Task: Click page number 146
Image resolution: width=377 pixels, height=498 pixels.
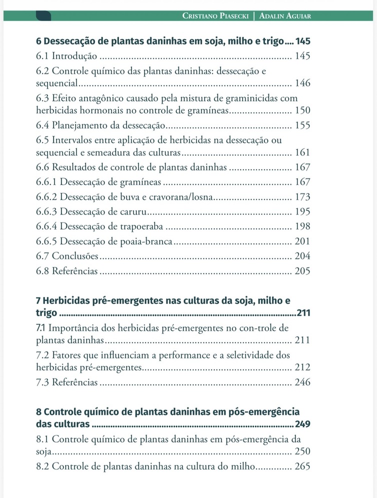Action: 302,83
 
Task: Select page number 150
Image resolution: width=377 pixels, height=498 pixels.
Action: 302,110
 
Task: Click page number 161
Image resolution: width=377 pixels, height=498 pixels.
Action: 302,152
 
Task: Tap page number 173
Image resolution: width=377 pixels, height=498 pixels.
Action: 302,197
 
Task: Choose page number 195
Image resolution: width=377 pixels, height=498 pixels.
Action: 302,212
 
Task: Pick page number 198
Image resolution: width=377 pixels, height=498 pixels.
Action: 302,227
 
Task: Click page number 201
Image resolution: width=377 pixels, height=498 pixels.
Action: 302,241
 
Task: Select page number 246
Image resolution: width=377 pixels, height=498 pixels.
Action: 302,383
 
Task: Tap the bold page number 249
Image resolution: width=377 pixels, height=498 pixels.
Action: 303,425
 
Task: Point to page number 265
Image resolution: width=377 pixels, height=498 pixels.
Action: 302,466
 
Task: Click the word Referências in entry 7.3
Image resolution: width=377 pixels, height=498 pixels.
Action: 75,383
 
